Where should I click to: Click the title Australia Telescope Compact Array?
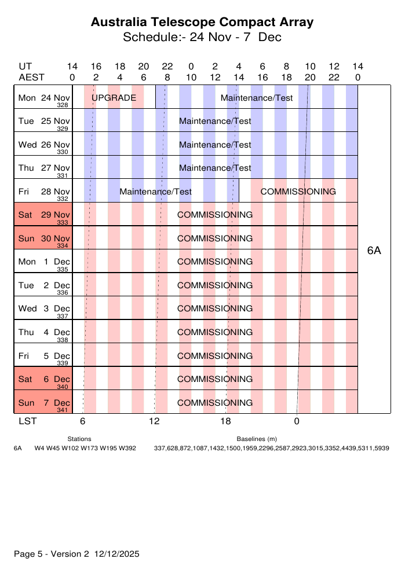pyautogui.click(x=202, y=23)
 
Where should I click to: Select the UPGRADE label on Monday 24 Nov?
pyautogui.click(x=114, y=98)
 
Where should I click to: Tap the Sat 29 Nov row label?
pyautogui.click(x=44, y=214)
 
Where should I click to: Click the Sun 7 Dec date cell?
pyautogui.click(x=44, y=402)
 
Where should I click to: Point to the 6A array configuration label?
pyautogui.click(x=374, y=251)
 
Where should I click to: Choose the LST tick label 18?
pyautogui.click(x=225, y=421)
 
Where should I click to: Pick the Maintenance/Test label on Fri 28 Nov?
pyautogui.click(x=155, y=192)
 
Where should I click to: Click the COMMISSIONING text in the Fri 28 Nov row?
pyautogui.click(x=298, y=192)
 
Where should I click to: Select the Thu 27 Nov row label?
pyautogui.click(x=44, y=168)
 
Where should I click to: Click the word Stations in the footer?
pyautogui.click(x=79, y=439)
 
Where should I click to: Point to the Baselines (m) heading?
pyautogui.click(x=257, y=439)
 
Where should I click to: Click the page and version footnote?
pyautogui.click(x=76, y=554)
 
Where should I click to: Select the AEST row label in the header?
pyautogui.click(x=31, y=77)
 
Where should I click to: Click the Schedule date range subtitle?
pyautogui.click(x=202, y=38)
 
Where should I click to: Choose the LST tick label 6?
pyautogui.click(x=83, y=421)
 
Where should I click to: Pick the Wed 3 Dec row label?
pyautogui.click(x=44, y=308)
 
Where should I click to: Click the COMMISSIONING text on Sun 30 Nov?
pyautogui.click(x=215, y=238)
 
